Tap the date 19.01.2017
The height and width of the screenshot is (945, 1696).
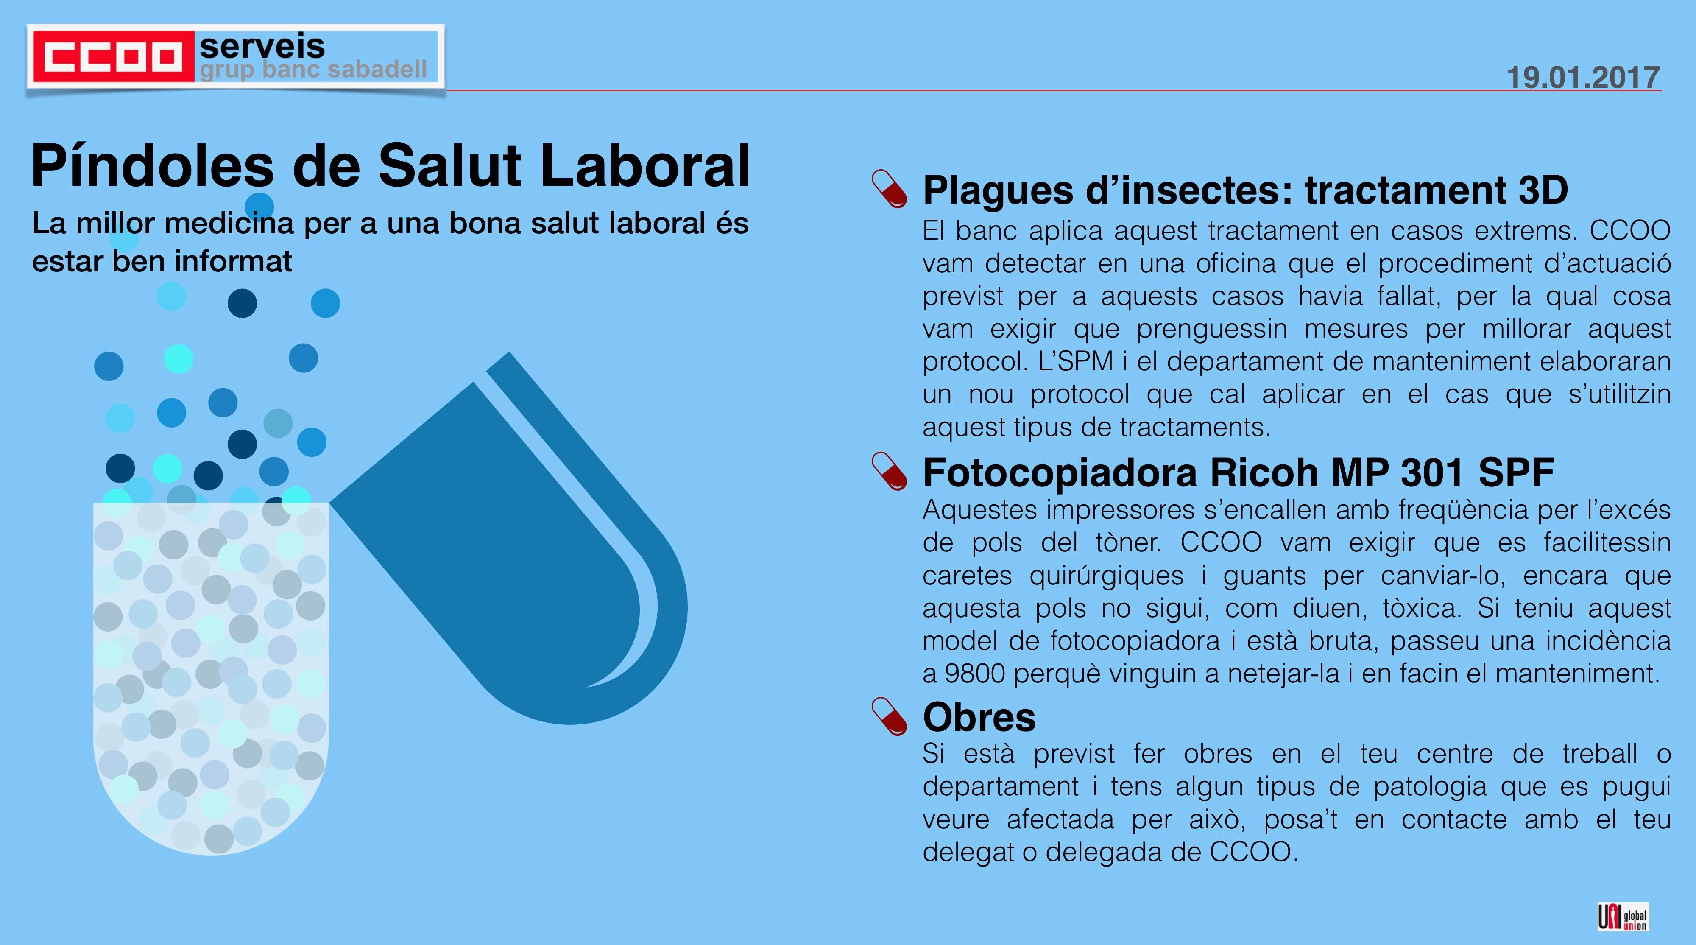pyautogui.click(x=1583, y=77)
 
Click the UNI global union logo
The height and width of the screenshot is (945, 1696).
pyautogui.click(x=1623, y=917)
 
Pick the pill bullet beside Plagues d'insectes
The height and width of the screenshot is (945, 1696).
pyautogui.click(x=889, y=189)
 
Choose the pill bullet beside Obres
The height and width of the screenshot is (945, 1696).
pyautogui.click(x=889, y=716)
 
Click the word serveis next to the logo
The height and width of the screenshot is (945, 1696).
pyautogui.click(x=262, y=46)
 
